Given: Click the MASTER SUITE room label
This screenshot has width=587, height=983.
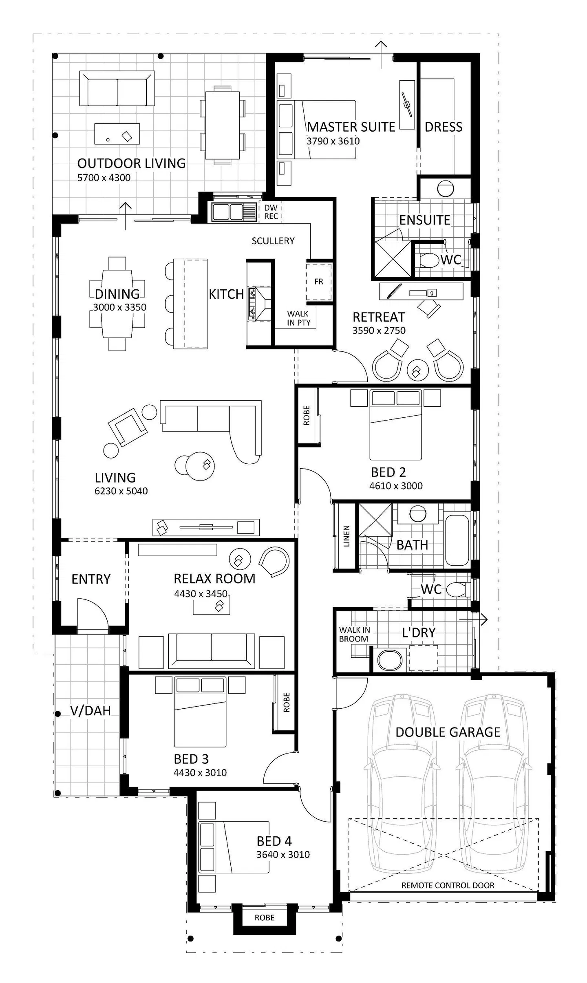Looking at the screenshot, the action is (x=351, y=127).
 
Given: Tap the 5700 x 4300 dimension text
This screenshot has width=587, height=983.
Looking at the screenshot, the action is (x=104, y=178).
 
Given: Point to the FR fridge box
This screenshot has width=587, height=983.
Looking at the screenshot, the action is (x=319, y=282).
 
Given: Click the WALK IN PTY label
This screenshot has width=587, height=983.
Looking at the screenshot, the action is (x=298, y=318).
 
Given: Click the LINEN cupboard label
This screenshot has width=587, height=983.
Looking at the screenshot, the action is (x=346, y=536).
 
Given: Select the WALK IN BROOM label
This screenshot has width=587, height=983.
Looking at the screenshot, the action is (x=354, y=635).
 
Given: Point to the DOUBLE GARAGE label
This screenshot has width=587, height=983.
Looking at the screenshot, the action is (x=448, y=732).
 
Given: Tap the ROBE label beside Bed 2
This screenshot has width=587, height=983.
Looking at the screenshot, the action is (x=307, y=415).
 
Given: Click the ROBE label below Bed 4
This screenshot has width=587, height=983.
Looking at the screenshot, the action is (x=265, y=917).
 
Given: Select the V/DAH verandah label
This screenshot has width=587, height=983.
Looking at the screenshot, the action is (x=90, y=711).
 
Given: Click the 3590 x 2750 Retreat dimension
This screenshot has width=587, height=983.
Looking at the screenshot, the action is (x=379, y=331).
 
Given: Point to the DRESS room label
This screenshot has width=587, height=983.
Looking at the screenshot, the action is (x=444, y=127).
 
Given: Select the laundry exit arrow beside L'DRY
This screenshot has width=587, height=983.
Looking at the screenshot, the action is (x=474, y=620).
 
